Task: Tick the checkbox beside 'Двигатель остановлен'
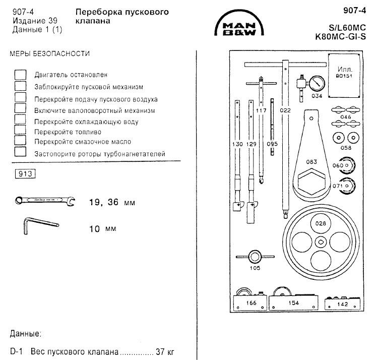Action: [20, 75]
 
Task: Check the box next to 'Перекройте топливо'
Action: [20, 130]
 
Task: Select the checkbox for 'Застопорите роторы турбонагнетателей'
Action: [20, 151]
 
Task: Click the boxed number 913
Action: [25, 173]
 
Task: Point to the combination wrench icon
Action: [45, 201]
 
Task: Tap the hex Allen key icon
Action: [41, 225]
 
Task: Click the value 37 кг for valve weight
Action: [165, 351]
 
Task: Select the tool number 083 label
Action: [311, 162]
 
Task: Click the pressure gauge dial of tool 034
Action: [317, 84]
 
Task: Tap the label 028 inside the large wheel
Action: [321, 223]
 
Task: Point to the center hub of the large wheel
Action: [321, 242]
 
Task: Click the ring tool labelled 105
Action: [255, 257]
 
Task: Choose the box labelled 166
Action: [250, 303]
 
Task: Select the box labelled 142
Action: [342, 304]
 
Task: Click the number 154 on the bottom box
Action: [294, 303]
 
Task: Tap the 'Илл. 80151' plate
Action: [344, 76]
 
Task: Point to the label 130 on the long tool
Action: [237, 144]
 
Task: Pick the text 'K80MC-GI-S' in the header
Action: [341, 37]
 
